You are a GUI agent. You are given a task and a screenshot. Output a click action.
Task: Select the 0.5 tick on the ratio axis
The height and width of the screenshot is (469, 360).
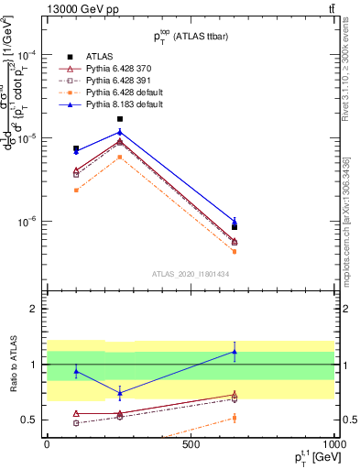(29, 420)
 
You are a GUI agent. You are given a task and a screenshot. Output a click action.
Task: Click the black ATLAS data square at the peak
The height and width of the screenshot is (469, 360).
(120, 119)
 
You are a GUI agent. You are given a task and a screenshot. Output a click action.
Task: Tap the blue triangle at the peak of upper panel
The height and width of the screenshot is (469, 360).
(120, 132)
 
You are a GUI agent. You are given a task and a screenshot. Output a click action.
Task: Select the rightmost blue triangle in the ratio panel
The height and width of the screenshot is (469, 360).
(235, 352)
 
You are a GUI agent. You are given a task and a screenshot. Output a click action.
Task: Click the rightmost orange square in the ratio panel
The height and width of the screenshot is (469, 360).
(235, 418)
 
